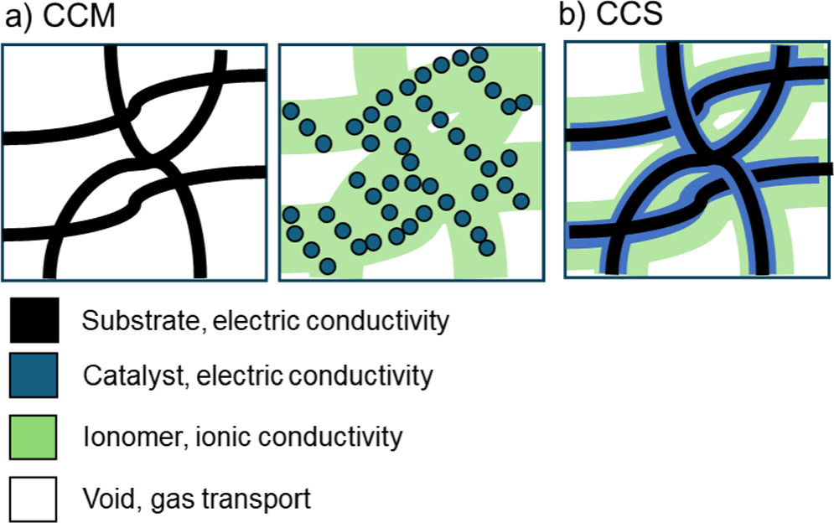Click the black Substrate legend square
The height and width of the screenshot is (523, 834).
pos(34,321)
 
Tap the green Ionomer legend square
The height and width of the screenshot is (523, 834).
pos(34,436)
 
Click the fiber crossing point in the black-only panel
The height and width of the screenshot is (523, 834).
pos(148,157)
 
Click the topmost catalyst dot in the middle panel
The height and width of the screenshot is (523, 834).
pos(479,55)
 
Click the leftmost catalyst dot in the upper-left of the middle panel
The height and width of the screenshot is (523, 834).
pos(291,111)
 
